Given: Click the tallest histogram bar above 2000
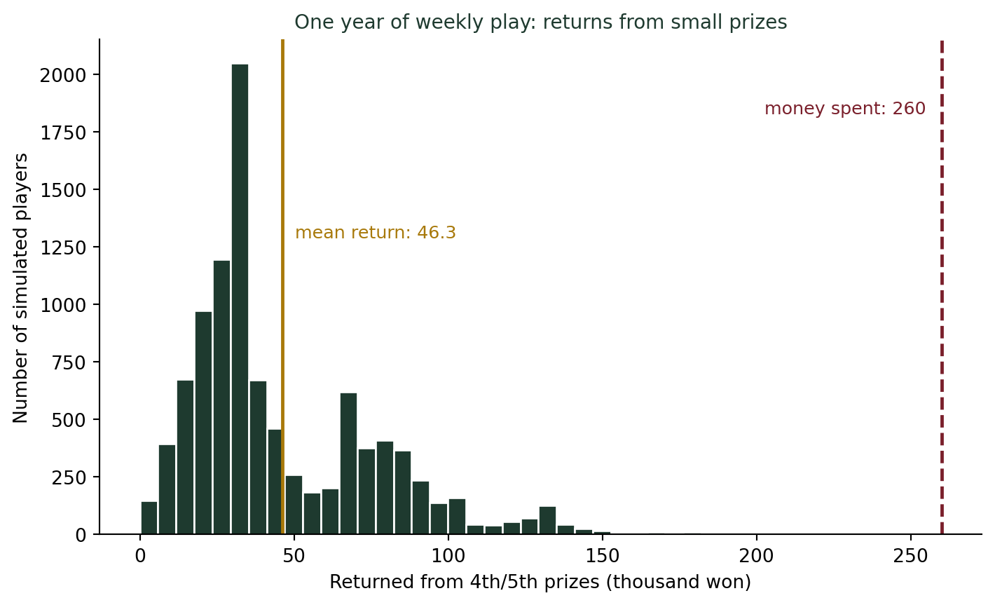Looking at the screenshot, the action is [x=240, y=299].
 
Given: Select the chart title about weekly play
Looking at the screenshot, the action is [x=540, y=22].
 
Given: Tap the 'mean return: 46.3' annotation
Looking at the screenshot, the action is [x=376, y=233].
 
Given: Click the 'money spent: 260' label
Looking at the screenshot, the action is [x=845, y=109].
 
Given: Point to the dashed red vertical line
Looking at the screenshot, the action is [x=942, y=287].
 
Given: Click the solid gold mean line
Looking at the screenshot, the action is [x=282, y=287].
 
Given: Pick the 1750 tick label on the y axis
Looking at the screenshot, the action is [x=63, y=133].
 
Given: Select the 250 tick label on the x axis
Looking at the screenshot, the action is [x=911, y=556].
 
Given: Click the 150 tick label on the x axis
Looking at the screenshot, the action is [x=603, y=556].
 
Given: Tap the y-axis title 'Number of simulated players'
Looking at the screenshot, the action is [x=20, y=288].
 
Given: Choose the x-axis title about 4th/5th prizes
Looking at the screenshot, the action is [x=540, y=582].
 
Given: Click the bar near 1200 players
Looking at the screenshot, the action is [x=221, y=397].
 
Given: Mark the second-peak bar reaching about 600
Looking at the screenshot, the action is [x=349, y=463].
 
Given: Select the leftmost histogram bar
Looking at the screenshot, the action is [x=149, y=518].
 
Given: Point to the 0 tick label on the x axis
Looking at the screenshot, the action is [x=140, y=556].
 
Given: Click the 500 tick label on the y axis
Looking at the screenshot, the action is [x=69, y=420].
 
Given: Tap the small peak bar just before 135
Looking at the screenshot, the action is [x=548, y=520].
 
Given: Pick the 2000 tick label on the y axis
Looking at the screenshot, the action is [x=63, y=76].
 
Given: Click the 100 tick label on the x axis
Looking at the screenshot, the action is [x=448, y=556].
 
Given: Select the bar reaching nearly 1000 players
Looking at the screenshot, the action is [x=203, y=423].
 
